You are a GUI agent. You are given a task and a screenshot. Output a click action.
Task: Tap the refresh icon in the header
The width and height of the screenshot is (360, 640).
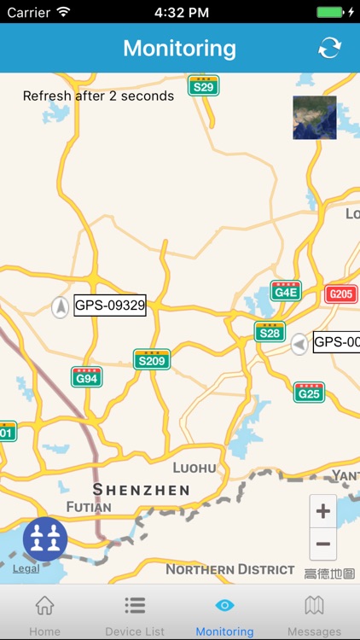(329, 48)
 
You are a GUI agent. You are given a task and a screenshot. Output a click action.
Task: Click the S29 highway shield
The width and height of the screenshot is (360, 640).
(203, 85)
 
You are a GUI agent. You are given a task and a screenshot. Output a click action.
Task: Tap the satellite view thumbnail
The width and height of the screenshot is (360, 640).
(314, 118)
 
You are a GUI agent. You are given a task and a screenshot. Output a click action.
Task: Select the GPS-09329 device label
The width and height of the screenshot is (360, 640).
(110, 305)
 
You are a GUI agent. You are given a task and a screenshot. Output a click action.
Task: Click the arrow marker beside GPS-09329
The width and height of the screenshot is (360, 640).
(61, 306)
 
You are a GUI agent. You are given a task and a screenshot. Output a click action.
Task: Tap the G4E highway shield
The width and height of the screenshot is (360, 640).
(286, 291)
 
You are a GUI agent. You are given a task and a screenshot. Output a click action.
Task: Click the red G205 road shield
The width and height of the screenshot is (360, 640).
(341, 294)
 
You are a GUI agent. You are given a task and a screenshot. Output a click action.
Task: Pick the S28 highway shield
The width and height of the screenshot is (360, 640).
(270, 331)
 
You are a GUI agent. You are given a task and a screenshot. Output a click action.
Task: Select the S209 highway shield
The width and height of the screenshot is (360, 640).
(151, 359)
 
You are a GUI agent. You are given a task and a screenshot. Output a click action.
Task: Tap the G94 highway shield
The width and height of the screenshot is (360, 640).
(86, 376)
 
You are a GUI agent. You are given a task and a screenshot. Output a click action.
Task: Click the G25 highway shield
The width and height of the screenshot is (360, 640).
(309, 392)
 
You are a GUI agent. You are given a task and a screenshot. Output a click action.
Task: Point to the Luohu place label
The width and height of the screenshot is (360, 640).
(195, 468)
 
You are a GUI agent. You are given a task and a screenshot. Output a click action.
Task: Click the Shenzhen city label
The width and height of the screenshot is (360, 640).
(141, 490)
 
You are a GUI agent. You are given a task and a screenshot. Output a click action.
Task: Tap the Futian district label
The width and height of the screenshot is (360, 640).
(89, 507)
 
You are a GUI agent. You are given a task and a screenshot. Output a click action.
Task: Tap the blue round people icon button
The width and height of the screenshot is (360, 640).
(45, 538)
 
